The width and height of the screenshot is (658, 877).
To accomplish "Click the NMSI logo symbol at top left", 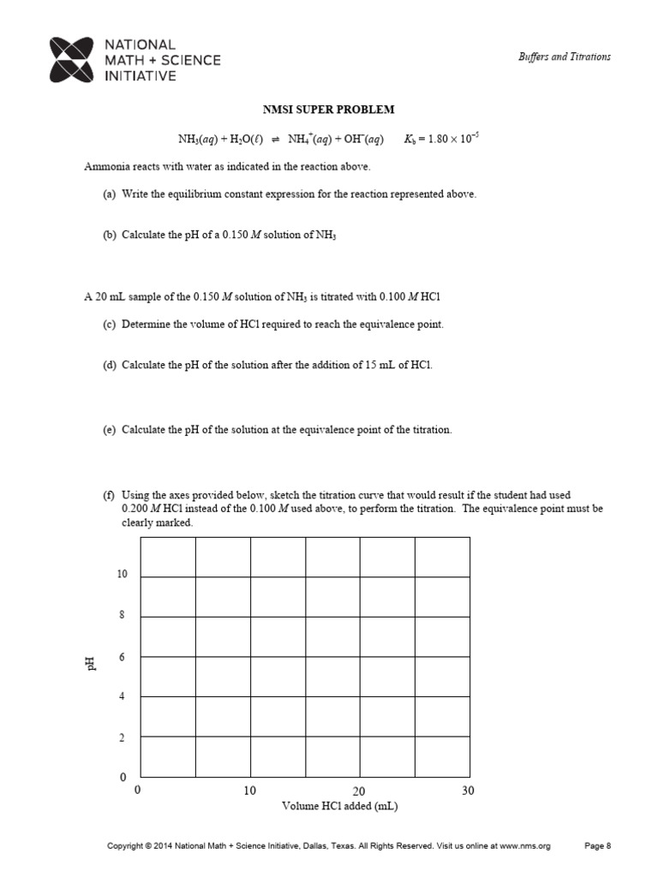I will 72,59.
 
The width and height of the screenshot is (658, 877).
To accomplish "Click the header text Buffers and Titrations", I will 565,57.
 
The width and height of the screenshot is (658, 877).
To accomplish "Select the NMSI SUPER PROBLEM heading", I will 328,110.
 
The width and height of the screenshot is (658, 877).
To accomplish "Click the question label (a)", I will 109,194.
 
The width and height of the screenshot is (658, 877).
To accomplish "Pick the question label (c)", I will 109,325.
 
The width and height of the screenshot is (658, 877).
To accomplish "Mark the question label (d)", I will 109,365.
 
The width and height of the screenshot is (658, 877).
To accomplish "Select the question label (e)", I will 109,430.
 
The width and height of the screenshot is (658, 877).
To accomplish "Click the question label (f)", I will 109,496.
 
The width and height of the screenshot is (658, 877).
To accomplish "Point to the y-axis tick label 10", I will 123,575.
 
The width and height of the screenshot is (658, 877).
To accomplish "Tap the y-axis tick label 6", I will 123,656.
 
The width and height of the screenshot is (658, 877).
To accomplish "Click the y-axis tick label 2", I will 123,737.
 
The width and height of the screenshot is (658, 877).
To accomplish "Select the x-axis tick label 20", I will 359,791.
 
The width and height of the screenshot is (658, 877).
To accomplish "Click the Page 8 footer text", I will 597,846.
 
